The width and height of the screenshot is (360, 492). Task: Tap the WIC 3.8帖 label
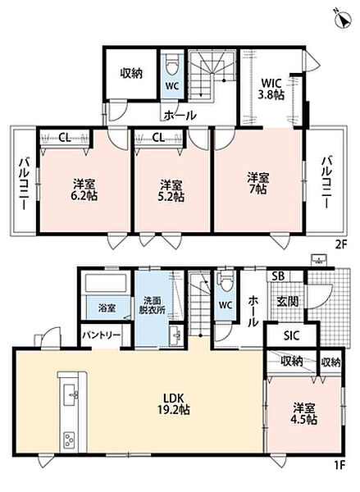[x=271, y=89]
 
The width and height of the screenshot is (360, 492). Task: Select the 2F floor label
[x=340, y=244]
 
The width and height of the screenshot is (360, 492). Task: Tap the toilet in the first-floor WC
[x=225, y=283]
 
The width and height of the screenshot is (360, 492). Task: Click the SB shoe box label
[x=278, y=276]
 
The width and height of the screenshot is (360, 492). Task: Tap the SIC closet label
[x=292, y=335]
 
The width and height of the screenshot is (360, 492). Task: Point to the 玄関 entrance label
[x=288, y=302]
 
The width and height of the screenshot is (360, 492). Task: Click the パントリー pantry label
[x=102, y=335]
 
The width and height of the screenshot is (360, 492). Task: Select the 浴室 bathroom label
[x=107, y=308]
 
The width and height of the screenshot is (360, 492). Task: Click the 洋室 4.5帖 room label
[x=305, y=414]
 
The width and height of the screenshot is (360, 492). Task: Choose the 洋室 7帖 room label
[x=258, y=184]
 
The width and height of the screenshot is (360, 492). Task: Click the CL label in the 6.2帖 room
[x=65, y=138]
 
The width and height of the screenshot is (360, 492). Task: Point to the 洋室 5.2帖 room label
[x=171, y=190]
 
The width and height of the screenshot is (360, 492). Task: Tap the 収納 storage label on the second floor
[x=131, y=73]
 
